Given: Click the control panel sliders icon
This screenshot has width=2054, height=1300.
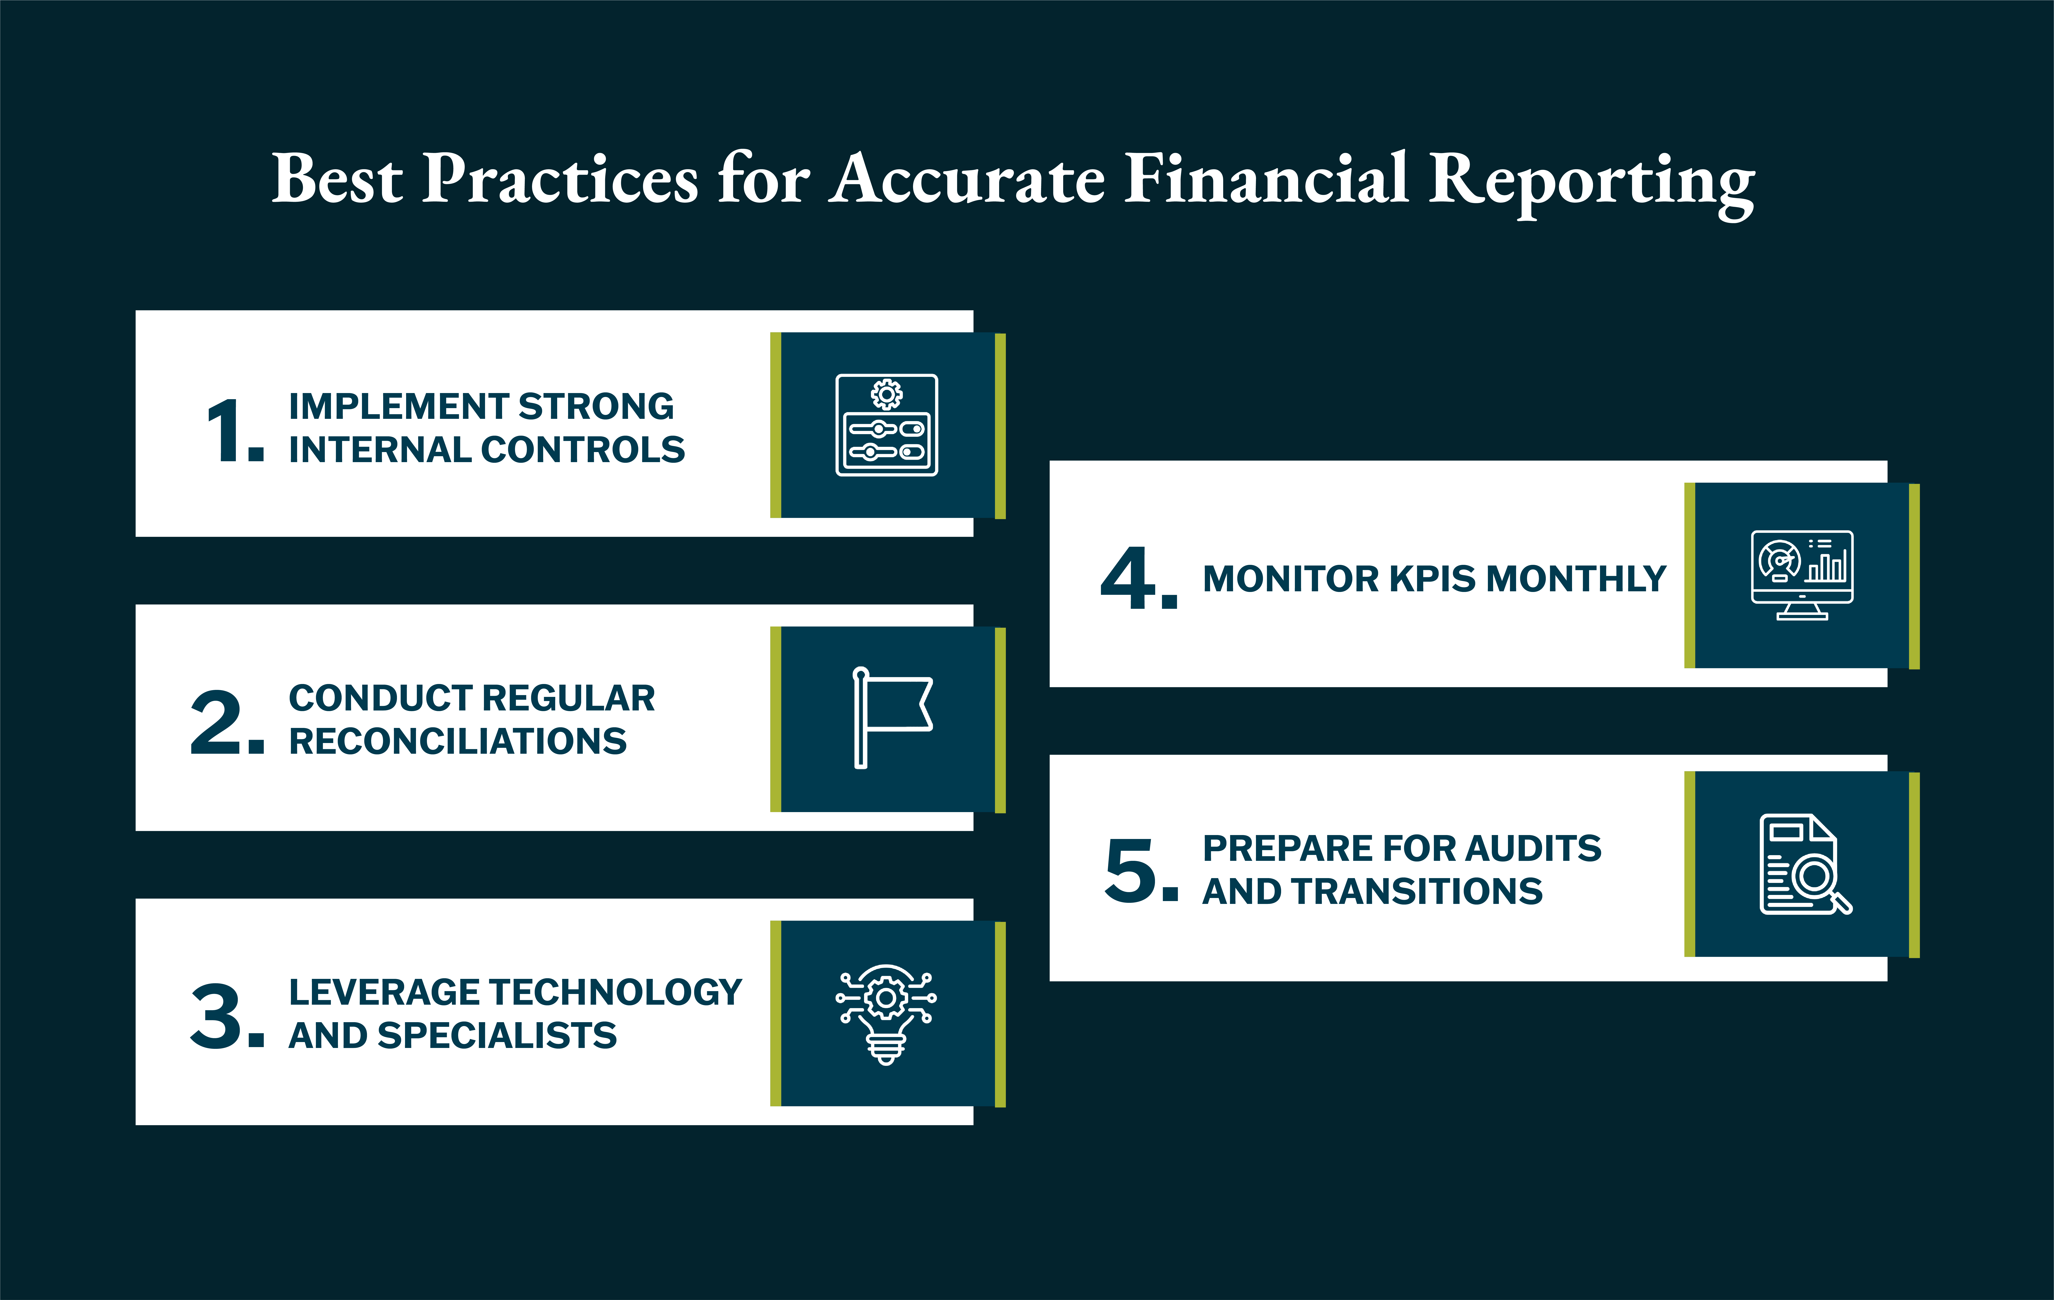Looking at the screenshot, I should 886,425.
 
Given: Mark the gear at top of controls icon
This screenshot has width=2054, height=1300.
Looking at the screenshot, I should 886,394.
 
